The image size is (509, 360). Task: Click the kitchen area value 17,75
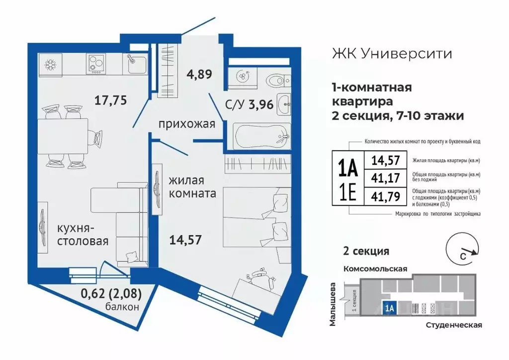point(111,100)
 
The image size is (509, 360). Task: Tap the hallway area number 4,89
point(199,75)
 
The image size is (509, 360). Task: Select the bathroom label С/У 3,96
point(235,105)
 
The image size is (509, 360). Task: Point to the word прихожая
point(186,124)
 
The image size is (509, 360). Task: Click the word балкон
point(122,307)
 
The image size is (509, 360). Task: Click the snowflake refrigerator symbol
point(50,64)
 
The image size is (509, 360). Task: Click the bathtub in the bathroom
point(261,135)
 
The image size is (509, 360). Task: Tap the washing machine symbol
point(242,77)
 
